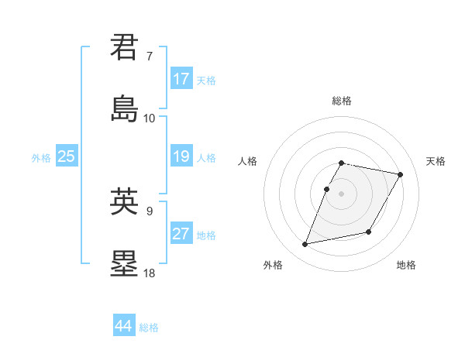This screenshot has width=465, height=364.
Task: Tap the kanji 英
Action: (x=125, y=202)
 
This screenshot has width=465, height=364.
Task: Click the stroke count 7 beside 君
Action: (x=149, y=57)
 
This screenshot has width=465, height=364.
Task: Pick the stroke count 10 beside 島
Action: (x=149, y=118)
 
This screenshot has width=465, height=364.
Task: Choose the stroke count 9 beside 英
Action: (x=149, y=210)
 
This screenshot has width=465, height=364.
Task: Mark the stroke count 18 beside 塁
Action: (x=149, y=273)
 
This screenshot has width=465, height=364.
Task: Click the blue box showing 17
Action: (x=181, y=79)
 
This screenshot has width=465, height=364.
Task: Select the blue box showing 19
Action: (x=181, y=156)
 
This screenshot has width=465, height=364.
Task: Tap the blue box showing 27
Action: (x=181, y=234)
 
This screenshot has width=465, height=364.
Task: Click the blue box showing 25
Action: (x=67, y=156)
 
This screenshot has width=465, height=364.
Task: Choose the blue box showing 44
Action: (x=124, y=326)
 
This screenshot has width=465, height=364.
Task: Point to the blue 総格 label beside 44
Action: (x=149, y=328)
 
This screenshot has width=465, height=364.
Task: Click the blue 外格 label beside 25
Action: (x=41, y=157)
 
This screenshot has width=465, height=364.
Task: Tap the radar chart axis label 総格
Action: (x=341, y=101)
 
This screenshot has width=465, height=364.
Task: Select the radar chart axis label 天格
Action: (x=436, y=161)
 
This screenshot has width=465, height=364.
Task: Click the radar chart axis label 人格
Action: (x=248, y=161)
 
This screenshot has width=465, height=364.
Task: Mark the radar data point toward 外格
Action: (x=305, y=245)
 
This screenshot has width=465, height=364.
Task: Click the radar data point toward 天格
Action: (x=400, y=175)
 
